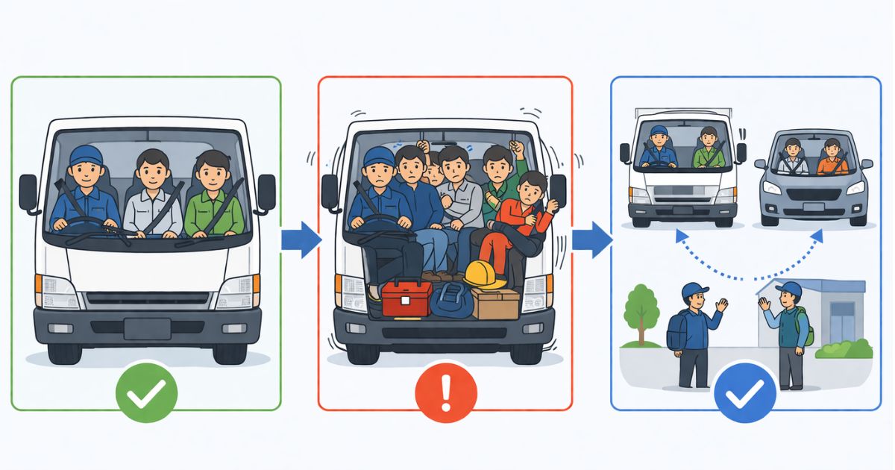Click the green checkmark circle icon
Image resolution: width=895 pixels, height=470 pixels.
147,392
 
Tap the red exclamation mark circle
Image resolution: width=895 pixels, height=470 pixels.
445,392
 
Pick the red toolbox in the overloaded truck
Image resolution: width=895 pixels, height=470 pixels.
406,299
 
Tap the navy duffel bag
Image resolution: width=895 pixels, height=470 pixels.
451,301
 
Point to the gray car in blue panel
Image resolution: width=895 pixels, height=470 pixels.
812,179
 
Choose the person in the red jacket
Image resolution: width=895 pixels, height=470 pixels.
522,220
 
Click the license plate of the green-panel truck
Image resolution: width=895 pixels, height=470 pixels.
147,329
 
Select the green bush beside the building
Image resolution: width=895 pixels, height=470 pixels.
845,349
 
